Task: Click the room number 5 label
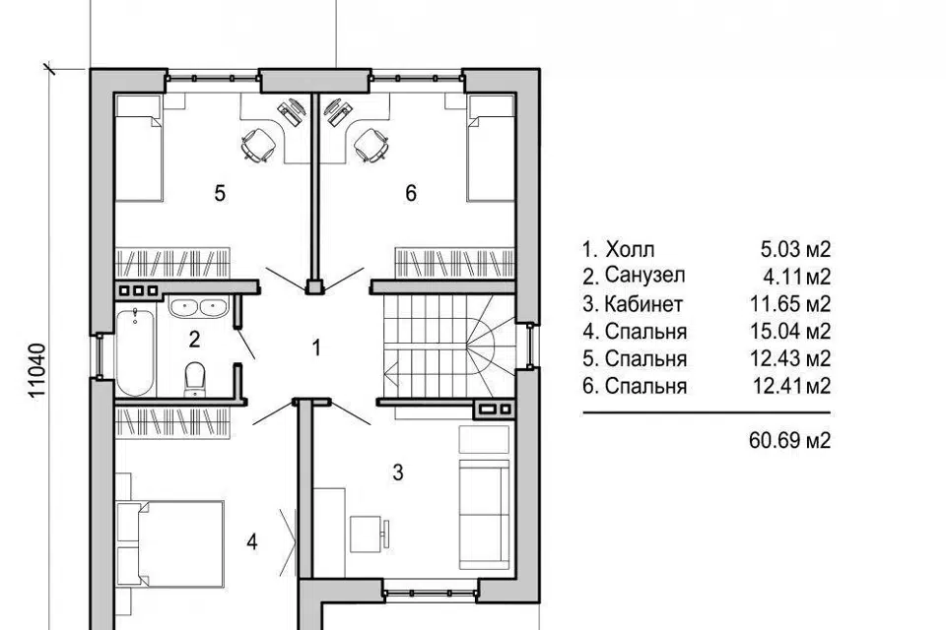pos(220,194)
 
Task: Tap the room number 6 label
pos(411,194)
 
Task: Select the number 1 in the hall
pos(316,347)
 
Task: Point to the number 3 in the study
pos(397,472)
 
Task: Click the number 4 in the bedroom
pos(252,542)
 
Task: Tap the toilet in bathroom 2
pos(195,379)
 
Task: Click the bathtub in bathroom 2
pos(135,351)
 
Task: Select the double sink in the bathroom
pos(198,307)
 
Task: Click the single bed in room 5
pos(138,148)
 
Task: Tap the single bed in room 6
pos(491,148)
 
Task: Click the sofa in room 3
pos(485,514)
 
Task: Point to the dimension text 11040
pos(37,371)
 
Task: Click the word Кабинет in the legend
pos(643,304)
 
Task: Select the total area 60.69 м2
pos(789,440)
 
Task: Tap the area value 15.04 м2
pos(789,331)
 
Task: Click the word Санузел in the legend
pos(644,276)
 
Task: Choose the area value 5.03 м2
pos(795,248)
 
